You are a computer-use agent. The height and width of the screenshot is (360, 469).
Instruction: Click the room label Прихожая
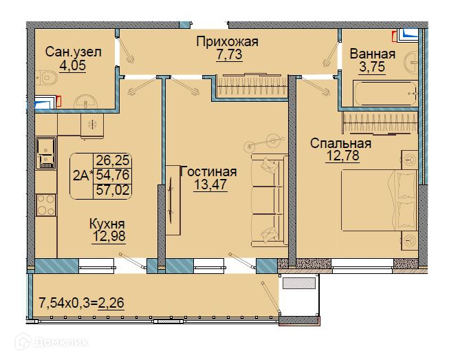pyautogui.click(x=228, y=41)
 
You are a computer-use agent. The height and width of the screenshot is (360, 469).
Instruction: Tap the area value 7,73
pyautogui.click(x=229, y=54)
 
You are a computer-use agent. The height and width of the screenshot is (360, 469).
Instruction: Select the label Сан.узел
pyautogui.click(x=74, y=52)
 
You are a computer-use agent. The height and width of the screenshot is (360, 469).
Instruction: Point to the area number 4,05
pyautogui.click(x=73, y=65)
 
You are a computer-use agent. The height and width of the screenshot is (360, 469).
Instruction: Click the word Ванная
pyautogui.click(x=373, y=54)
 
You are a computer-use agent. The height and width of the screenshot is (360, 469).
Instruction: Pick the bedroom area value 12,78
pyautogui.click(x=342, y=156)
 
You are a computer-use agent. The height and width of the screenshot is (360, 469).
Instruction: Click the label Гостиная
pyautogui.click(x=208, y=171)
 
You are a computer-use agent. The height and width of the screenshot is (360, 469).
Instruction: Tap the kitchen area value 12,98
pyautogui.click(x=109, y=237)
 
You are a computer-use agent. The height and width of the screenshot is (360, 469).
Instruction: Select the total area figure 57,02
pyautogui.click(x=113, y=190)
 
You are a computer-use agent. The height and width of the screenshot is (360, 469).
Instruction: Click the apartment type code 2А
pyautogui.click(x=81, y=176)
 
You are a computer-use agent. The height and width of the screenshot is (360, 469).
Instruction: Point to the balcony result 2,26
pyautogui.click(x=111, y=303)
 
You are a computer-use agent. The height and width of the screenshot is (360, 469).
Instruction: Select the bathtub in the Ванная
pyautogui.click(x=385, y=93)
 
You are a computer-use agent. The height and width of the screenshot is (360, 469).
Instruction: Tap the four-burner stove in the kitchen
pyautogui.click(x=46, y=205)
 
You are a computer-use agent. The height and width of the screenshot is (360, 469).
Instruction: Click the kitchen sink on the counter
pyautogui.click(x=46, y=153)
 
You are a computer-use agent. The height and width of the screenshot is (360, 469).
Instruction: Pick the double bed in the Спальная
pyautogui.click(x=380, y=200)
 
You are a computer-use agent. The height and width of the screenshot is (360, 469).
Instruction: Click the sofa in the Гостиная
pyautogui.click(x=269, y=200)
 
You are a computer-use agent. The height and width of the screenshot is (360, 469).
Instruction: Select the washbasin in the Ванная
pyautogui.click(x=411, y=63)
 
